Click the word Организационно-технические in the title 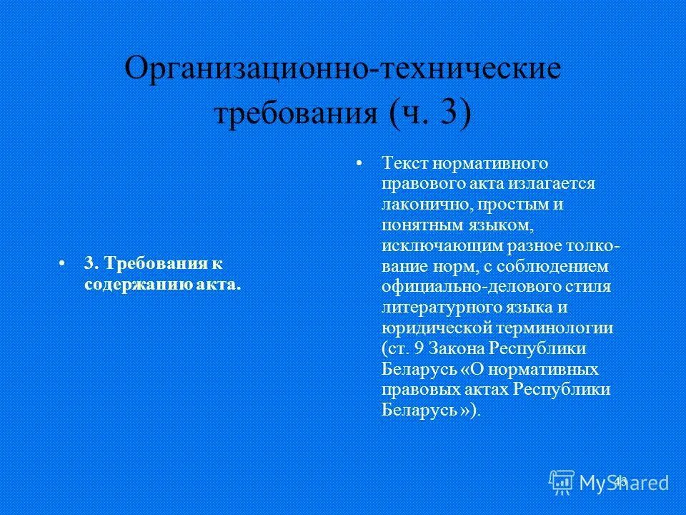pyautogui.click(x=342, y=70)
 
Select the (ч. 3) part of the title pyautogui.click(x=430, y=113)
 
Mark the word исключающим pyautogui.click(x=434, y=245)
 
